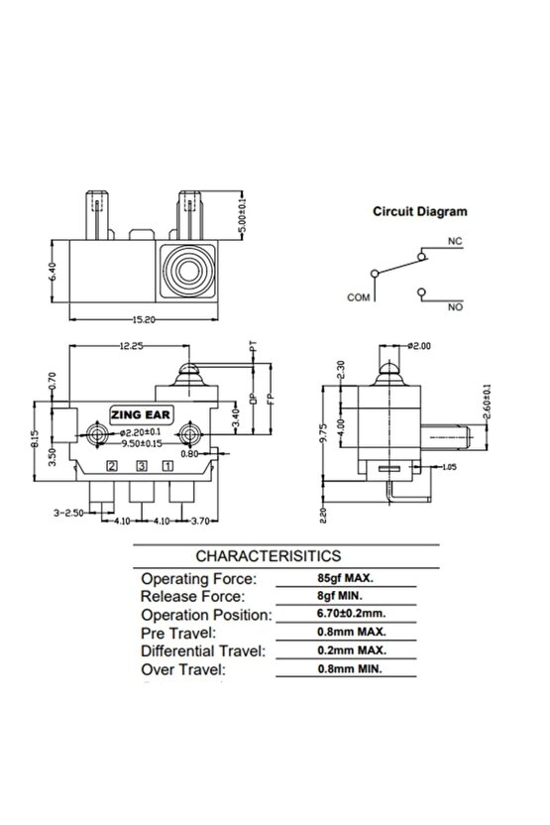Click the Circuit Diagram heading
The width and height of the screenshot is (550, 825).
[x=420, y=211]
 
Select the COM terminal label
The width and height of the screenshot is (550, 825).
[x=358, y=296]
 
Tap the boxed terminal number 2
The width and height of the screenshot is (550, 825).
[x=112, y=465]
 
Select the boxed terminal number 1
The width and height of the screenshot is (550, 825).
[x=168, y=465]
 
